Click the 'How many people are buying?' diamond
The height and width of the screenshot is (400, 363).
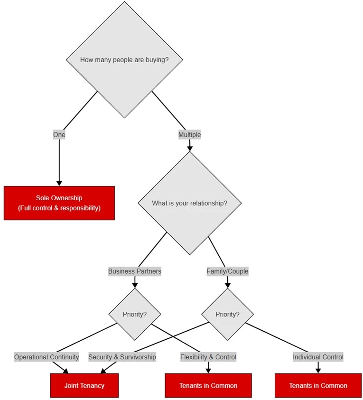point(124,60)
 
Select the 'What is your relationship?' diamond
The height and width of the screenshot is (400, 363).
point(189,203)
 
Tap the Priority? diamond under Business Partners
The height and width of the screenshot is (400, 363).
point(135,314)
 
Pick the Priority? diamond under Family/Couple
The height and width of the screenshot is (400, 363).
point(227,314)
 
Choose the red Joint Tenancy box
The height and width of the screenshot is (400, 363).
point(84,385)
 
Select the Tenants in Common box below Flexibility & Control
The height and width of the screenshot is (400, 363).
point(208,385)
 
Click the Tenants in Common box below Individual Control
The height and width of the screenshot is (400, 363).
point(318,385)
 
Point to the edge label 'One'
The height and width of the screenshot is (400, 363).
point(59,135)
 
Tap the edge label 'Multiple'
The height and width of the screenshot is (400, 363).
point(189,135)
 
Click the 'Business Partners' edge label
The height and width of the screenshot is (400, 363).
point(135,271)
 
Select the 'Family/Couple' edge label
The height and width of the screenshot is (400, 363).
point(227,271)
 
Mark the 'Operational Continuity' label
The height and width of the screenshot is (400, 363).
point(47,357)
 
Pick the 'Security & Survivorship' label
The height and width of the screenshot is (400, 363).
point(122,357)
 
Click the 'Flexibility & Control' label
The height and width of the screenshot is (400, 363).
point(208,357)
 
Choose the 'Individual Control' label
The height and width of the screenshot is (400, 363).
point(318,357)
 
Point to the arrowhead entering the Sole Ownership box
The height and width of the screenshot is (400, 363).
point(59,183)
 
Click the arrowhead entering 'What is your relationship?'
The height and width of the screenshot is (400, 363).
point(190,148)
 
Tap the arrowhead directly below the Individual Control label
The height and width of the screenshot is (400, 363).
point(318,370)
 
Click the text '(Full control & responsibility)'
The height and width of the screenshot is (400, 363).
point(59,208)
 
